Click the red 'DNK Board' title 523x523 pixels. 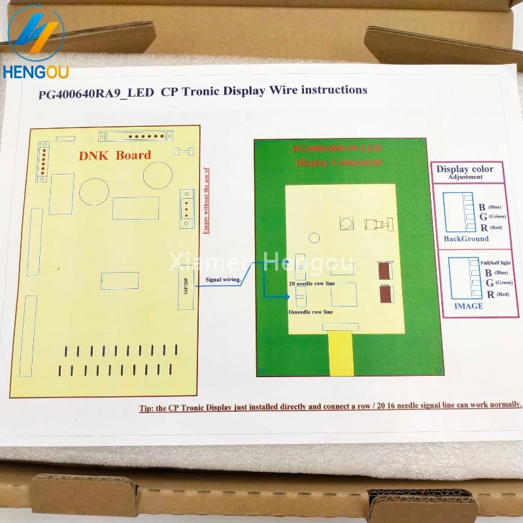[115, 155]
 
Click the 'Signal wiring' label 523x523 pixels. [223, 279]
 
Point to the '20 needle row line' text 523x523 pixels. [311, 284]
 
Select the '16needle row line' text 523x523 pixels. [311, 312]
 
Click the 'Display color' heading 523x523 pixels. [465, 169]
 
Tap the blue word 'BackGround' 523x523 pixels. [466, 239]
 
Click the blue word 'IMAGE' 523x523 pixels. [468, 306]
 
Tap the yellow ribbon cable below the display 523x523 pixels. [342, 353]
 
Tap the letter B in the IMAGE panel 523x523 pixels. [482, 271]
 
